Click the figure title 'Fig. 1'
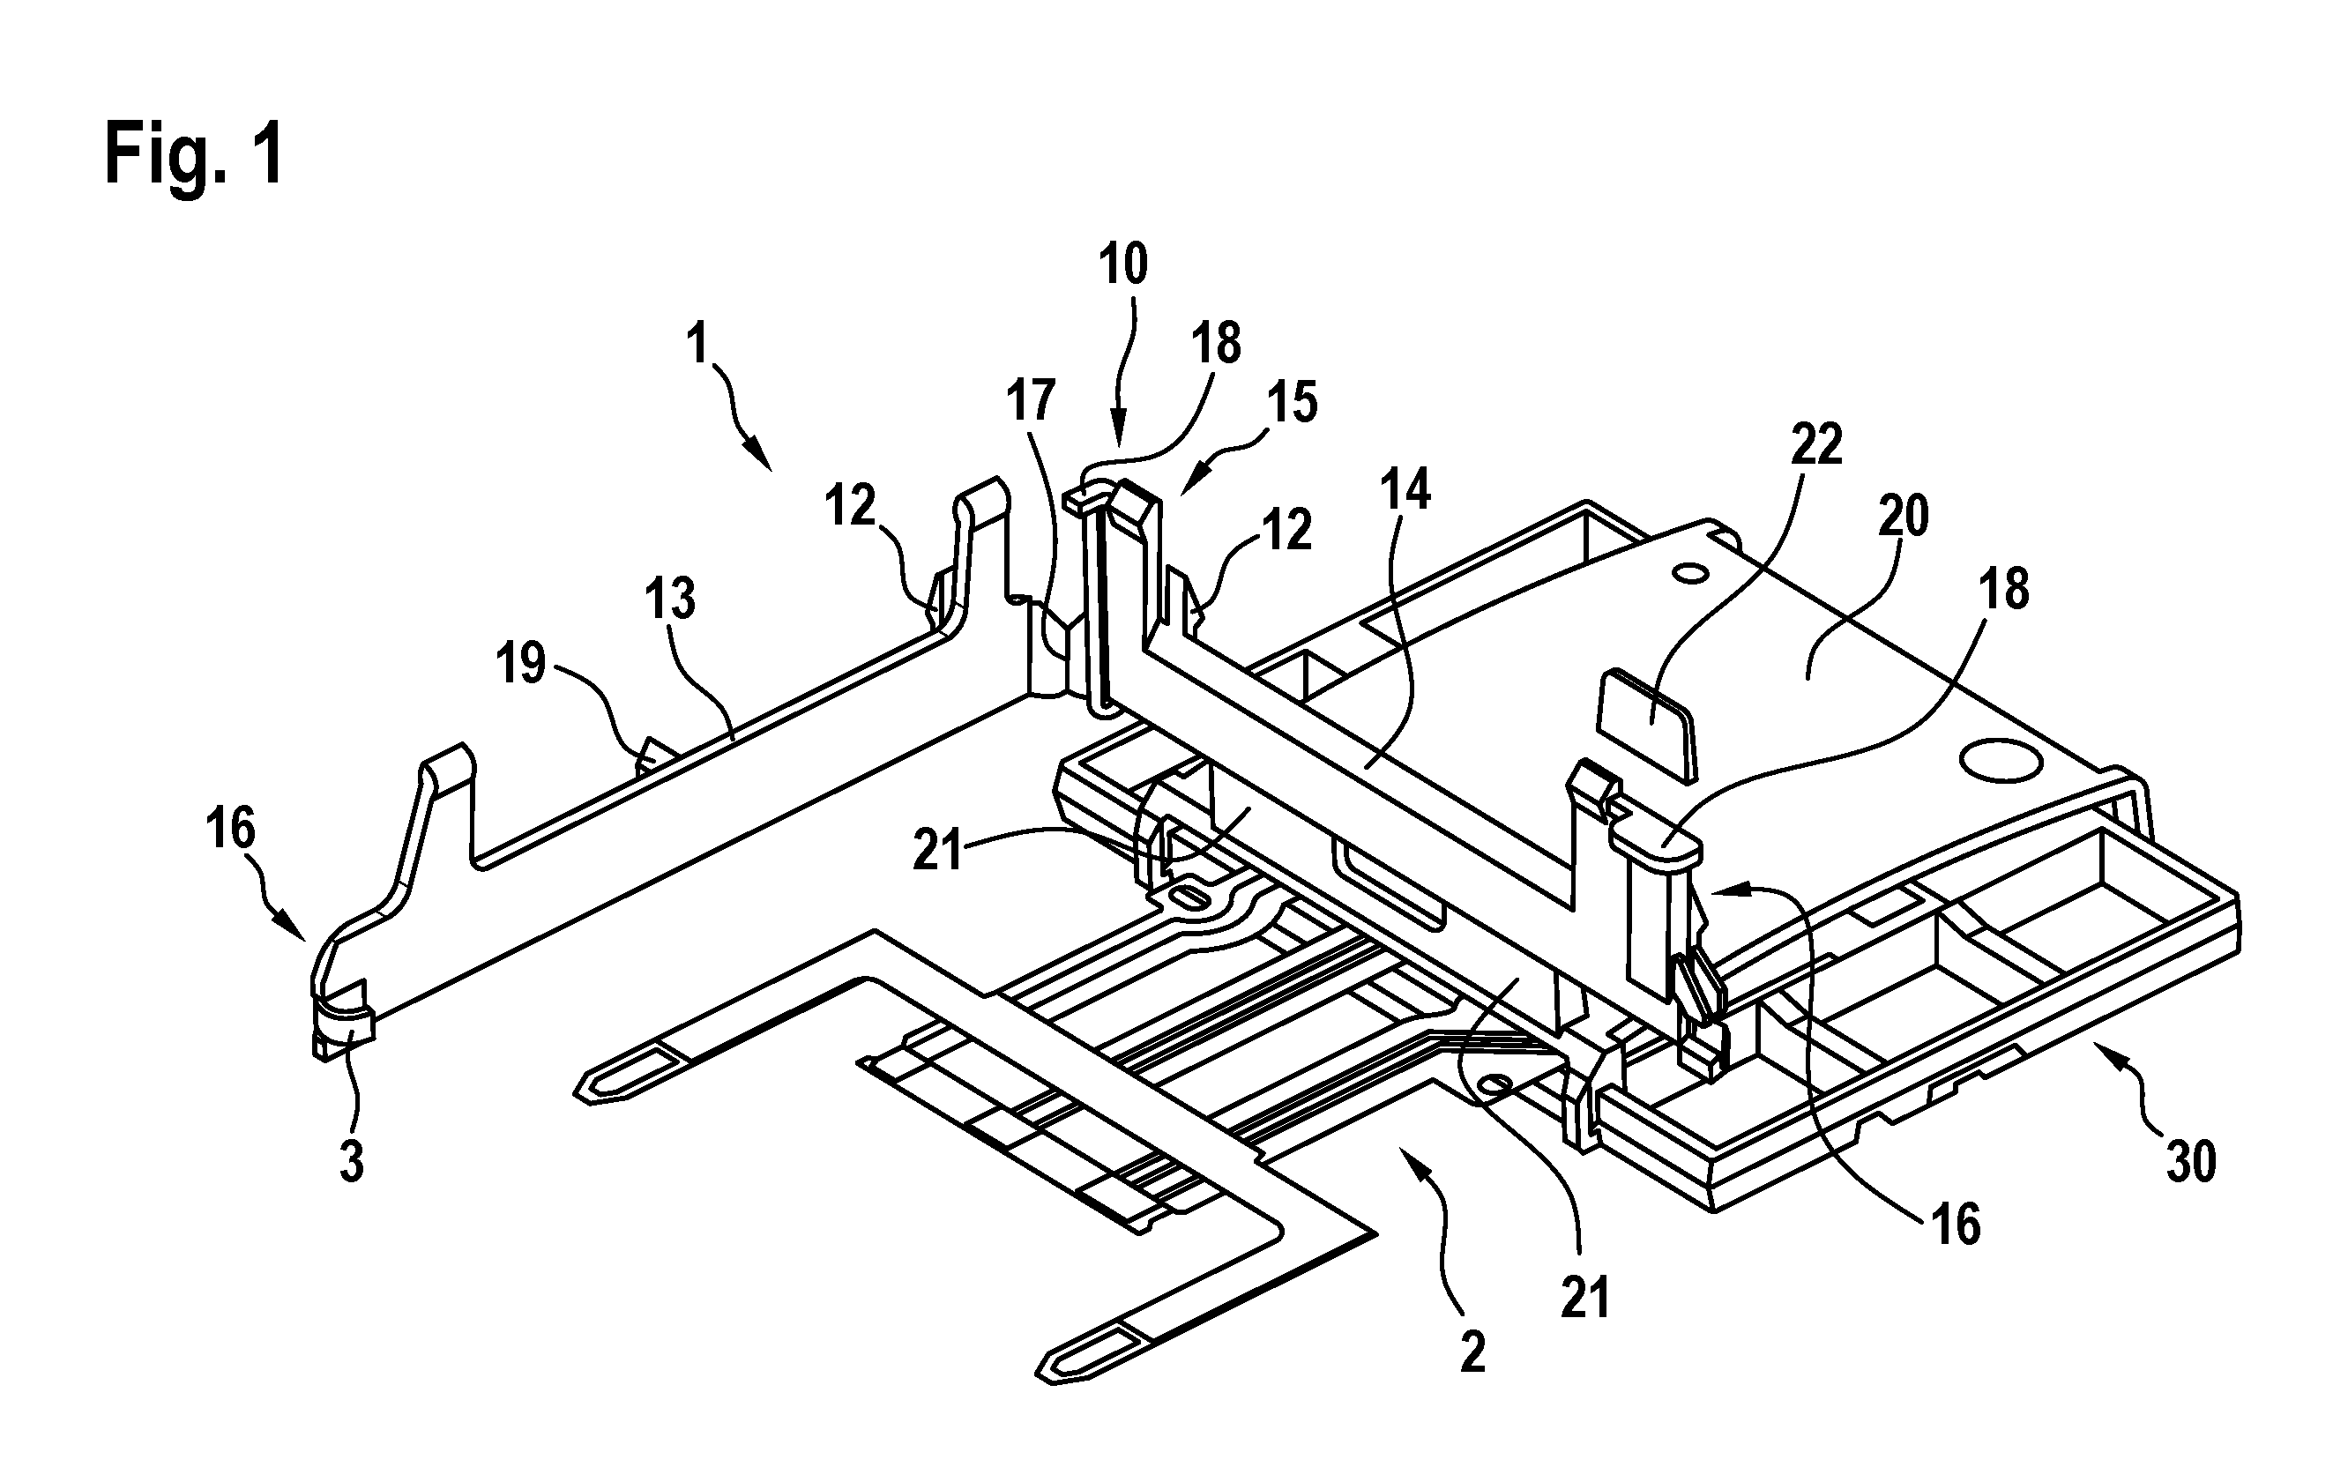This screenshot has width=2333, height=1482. click(195, 154)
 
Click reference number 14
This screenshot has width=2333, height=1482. click(1405, 490)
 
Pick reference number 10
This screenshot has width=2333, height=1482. click(1123, 264)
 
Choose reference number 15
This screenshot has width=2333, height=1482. click(1293, 402)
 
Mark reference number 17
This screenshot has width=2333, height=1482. click(1029, 400)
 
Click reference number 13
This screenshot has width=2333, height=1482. click(670, 600)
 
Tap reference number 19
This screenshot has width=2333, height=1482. click(521, 664)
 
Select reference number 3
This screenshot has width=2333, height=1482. click(351, 1160)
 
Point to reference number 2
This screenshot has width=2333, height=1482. click(1472, 1352)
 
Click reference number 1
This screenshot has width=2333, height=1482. click(697, 344)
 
